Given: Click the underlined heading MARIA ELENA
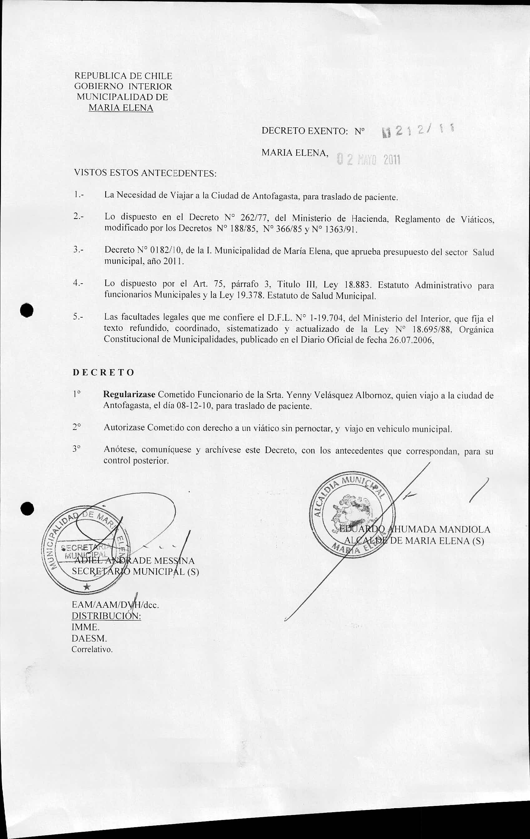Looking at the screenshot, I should [x=121, y=108].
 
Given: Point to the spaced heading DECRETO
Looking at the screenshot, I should [x=104, y=372].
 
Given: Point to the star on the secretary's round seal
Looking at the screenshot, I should [x=87, y=587].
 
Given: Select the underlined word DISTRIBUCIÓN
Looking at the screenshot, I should [x=106, y=616].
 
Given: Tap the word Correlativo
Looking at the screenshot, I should [x=92, y=650].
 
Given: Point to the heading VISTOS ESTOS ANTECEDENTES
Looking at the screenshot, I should [x=145, y=173].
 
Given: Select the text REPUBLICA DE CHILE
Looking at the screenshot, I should [x=123, y=76].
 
